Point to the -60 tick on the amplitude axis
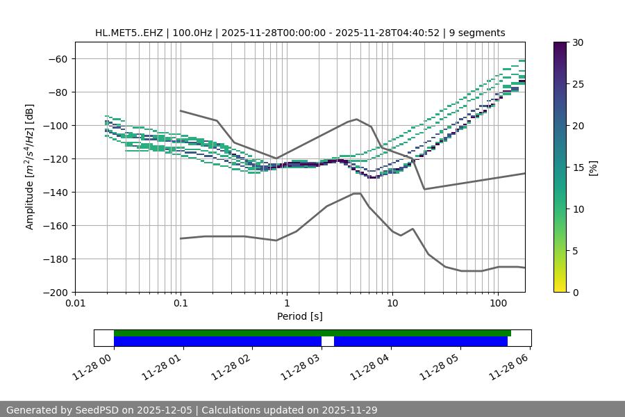pyautogui.click(x=57, y=59)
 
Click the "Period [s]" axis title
pyautogui.click(x=299, y=316)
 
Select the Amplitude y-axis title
pyautogui.click(x=30, y=167)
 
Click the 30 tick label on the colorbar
pyautogui.click(x=578, y=42)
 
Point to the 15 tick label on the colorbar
pyautogui.click(x=578, y=167)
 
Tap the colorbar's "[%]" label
pyautogui.click(x=592, y=167)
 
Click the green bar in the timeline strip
pyautogui.click(x=312, y=333)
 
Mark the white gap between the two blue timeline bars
pyautogui.click(x=328, y=341)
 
